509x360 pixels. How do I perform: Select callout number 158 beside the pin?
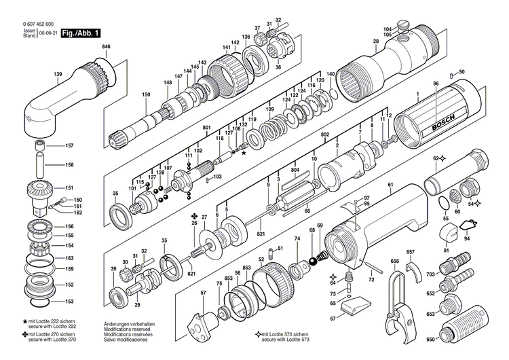click(x=69, y=165)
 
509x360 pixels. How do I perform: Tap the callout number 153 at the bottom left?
click(x=69, y=301)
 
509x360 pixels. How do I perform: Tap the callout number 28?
click(x=375, y=42)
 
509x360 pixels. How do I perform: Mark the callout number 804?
click(x=295, y=170)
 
